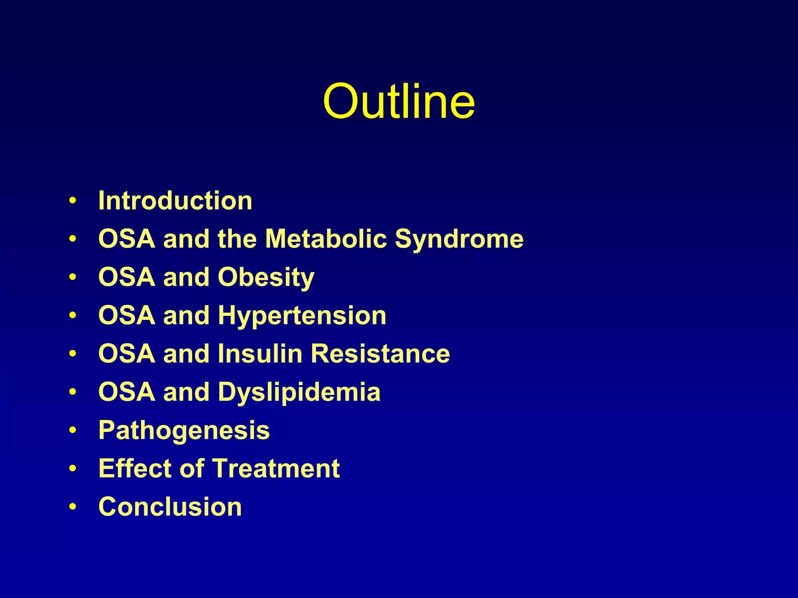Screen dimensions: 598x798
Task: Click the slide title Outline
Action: pos(399,102)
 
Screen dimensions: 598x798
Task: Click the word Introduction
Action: pos(175,201)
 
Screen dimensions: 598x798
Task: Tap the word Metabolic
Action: pos(326,239)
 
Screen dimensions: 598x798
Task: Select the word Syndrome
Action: pos(459,239)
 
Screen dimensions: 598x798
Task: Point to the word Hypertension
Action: pos(302,316)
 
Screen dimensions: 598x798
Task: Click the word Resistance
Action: pos(380,354)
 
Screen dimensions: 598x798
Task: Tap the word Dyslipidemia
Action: pos(299,392)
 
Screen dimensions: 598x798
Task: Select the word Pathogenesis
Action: pos(184,431)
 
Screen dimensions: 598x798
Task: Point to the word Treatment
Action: pos(276,468)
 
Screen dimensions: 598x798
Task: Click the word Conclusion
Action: pos(170,507)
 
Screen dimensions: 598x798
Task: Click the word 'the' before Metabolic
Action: pos(237,239)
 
